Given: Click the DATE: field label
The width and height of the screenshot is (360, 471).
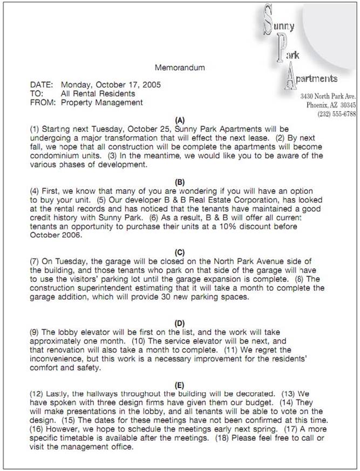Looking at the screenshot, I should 41,85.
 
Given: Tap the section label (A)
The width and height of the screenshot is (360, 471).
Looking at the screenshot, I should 180,120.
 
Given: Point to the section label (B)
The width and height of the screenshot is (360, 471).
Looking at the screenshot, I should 180,182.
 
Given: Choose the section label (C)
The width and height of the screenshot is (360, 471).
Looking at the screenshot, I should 180,252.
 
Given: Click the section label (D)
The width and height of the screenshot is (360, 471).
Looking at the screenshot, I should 180,323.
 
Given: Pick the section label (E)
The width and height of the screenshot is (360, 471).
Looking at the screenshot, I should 180,385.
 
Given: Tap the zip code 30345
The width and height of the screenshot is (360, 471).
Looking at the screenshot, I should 345,105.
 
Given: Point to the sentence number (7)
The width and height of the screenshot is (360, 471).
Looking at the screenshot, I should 36,261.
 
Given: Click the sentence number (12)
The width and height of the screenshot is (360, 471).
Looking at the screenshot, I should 37,394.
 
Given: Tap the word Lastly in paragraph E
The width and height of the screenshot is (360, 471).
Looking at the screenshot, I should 58,394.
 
